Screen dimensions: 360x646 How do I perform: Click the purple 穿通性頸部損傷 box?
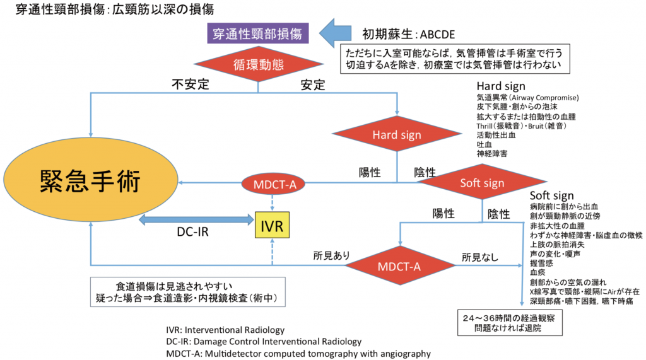[x=257, y=33]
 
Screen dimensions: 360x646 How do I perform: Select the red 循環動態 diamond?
[x=259, y=64]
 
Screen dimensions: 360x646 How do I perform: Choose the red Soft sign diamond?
[x=482, y=183]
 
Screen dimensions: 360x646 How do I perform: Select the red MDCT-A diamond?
[x=399, y=265]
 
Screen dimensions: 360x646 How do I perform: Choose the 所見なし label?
[x=479, y=256]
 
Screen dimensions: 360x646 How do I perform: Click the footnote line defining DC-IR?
[x=259, y=342]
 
